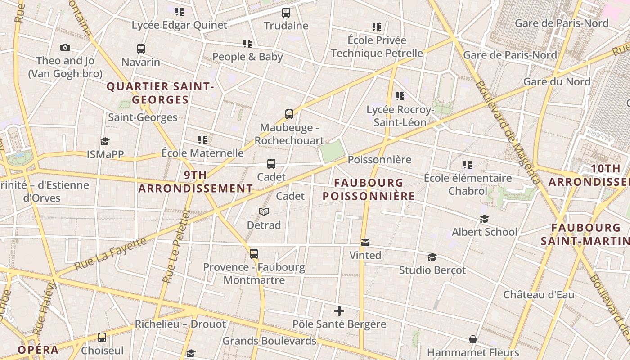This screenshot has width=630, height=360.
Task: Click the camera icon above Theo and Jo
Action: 65,47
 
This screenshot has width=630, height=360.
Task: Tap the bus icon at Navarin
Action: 141,49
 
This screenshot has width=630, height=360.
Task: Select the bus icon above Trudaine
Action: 286,12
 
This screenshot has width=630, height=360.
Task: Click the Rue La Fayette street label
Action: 111,254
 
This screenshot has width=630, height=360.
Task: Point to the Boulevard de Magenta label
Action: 507,133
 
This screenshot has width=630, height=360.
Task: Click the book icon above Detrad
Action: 264,211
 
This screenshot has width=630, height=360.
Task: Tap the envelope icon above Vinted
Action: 365,243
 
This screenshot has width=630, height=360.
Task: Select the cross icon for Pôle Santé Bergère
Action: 339,311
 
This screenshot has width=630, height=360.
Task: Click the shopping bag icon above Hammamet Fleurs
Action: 473,339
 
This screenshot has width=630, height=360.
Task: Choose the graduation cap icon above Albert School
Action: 484,219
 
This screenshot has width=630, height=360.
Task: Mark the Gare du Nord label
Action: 557,81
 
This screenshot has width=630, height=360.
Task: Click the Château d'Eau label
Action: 539,295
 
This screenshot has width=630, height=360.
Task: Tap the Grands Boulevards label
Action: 269,341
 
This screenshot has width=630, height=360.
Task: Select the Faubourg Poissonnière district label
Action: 369,189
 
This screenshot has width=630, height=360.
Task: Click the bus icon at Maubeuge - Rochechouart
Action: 289,114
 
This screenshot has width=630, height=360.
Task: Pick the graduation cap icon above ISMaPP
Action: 105,141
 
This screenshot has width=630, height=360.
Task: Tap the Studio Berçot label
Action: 432,270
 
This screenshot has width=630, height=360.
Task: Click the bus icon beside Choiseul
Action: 102,337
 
